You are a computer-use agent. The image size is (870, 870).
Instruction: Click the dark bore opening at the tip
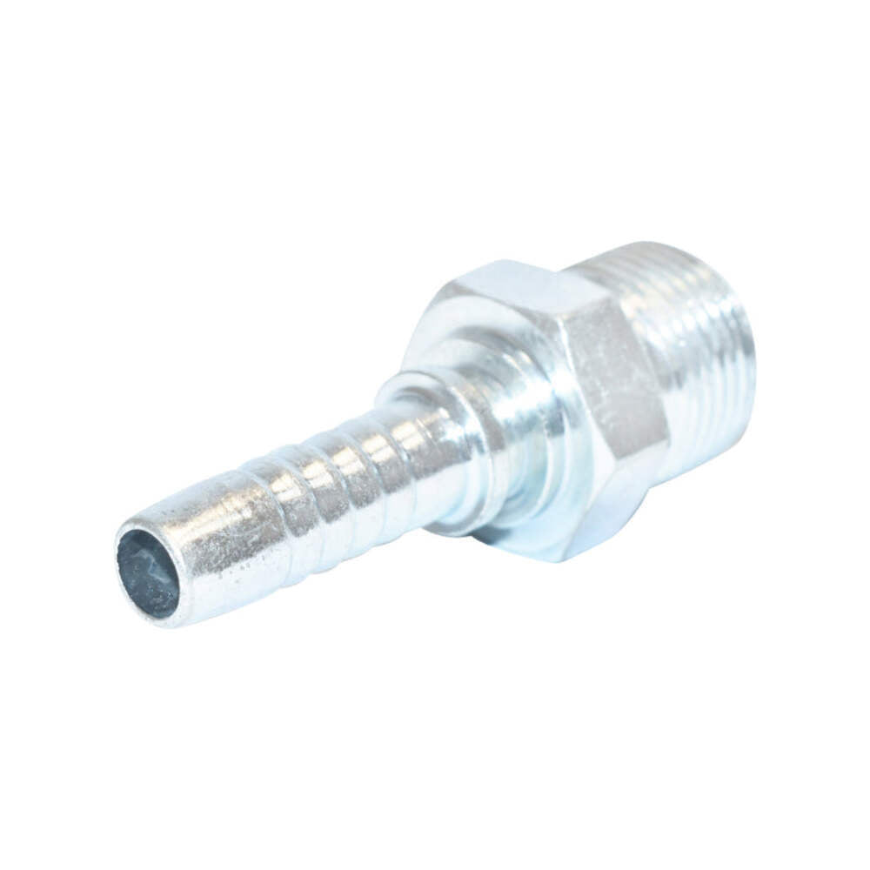[x=147, y=573]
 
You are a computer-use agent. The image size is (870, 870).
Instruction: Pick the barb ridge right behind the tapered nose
[x=278, y=513]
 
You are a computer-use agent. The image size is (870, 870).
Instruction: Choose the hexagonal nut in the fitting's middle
[x=557, y=400]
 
